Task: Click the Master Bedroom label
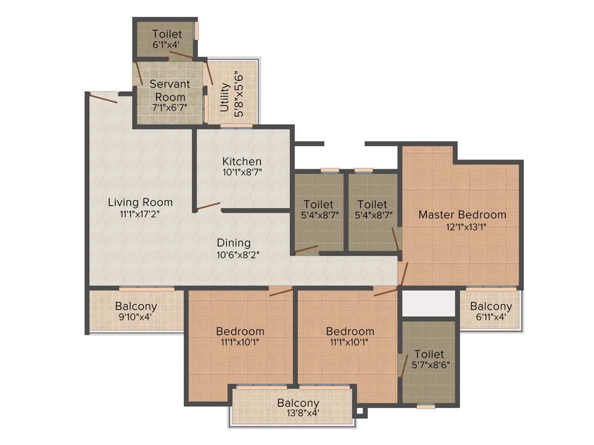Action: click(x=462, y=214)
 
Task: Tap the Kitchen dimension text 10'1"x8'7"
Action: click(x=242, y=173)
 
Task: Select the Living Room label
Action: click(x=140, y=202)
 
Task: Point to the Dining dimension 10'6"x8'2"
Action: click(x=234, y=254)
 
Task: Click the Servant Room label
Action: click(x=169, y=90)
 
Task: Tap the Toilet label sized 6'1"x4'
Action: click(x=167, y=34)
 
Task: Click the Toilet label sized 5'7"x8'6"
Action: click(x=429, y=354)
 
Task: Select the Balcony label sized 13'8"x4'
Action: click(x=298, y=403)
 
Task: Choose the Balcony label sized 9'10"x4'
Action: click(x=136, y=307)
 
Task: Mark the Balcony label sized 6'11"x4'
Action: click(x=491, y=307)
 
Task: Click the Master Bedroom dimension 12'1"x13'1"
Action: click(x=462, y=227)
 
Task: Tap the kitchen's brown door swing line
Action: click(x=208, y=206)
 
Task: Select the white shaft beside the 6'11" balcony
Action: click(x=429, y=303)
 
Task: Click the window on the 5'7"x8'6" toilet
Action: click(x=426, y=406)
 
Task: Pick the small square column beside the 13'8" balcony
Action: click(x=360, y=413)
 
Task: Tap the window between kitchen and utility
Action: click(x=236, y=125)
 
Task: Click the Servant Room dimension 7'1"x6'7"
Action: click(x=169, y=108)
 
